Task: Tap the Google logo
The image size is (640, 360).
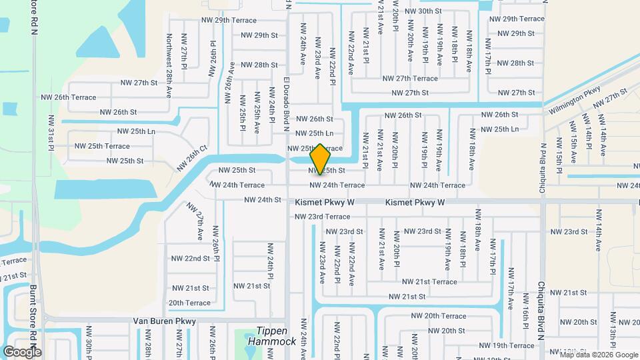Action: pyautogui.click(x=22, y=351)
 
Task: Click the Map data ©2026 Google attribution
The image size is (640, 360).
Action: pyautogui.click(x=599, y=355)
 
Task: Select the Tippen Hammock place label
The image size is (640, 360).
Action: pyautogui.click(x=271, y=336)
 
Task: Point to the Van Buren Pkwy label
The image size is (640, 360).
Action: pyautogui.click(x=165, y=321)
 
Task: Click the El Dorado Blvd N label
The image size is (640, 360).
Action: pyautogui.click(x=286, y=100)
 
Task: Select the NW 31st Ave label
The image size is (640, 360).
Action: pyautogui.click(x=51, y=132)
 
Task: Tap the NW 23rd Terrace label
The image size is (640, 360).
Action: pyautogui.click(x=322, y=217)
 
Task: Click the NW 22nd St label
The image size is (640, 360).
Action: pyautogui.click(x=191, y=258)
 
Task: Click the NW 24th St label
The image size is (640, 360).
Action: pyautogui.click(x=263, y=200)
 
